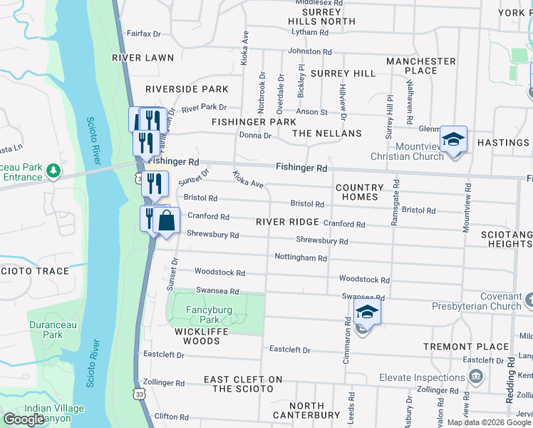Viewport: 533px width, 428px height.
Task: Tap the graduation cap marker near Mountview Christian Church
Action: click(x=452, y=139)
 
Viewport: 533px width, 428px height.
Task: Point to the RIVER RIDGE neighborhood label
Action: click(x=288, y=222)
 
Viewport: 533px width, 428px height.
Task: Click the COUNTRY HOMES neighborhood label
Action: click(x=359, y=192)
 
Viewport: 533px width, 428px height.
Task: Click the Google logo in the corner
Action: click(x=24, y=419)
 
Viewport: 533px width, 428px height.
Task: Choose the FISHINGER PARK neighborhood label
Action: click(x=254, y=122)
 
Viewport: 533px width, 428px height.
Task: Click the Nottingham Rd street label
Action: click(x=301, y=258)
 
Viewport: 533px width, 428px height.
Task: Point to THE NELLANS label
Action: click(x=327, y=133)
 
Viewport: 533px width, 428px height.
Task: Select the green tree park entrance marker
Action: click(x=53, y=172)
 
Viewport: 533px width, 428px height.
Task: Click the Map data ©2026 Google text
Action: click(x=490, y=422)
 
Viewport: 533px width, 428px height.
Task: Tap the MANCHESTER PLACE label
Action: click(x=420, y=66)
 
